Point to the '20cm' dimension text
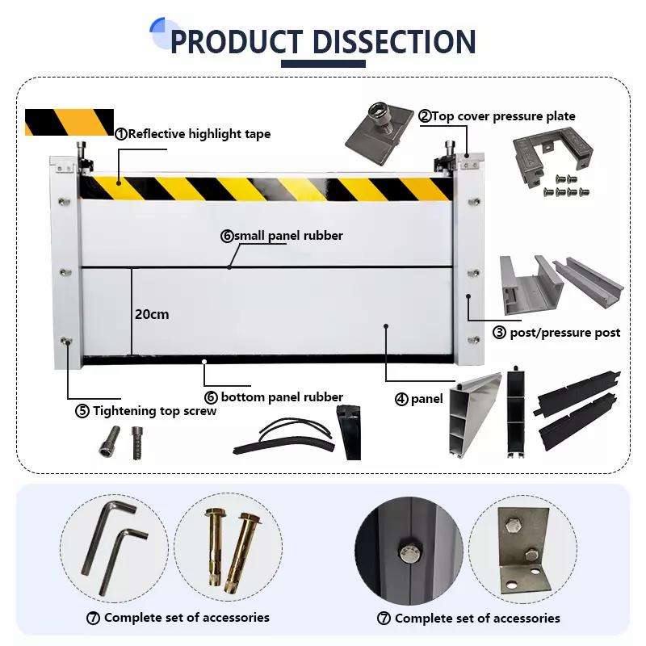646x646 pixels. pos(152,314)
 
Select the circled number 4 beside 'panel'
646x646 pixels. pos(401,399)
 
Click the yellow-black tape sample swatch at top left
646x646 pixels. pos(69,122)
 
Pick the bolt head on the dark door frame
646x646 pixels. pos(408,552)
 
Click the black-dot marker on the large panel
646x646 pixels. pos(386,326)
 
